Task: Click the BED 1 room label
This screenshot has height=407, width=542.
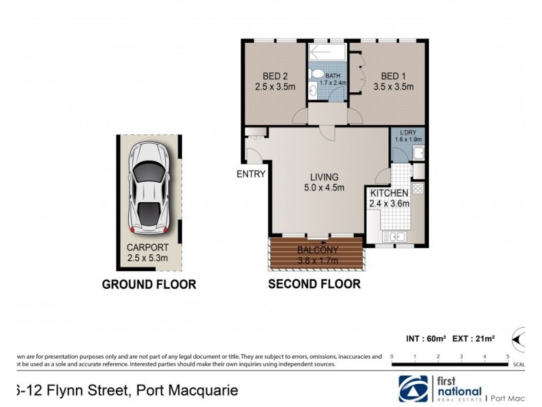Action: pyautogui.click(x=397, y=81)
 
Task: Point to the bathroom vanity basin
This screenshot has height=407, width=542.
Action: pyautogui.click(x=312, y=91)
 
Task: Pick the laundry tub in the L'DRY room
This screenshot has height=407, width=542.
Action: pyautogui.click(x=419, y=153)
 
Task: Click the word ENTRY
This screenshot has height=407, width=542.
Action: pyautogui.click(x=250, y=174)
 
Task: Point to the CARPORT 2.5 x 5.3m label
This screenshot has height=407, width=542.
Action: pyautogui.click(x=149, y=253)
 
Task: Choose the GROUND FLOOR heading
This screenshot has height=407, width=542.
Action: pyautogui.click(x=149, y=284)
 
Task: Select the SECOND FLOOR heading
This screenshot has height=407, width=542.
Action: pyautogui.click(x=314, y=284)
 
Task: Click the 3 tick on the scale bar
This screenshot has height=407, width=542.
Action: pyautogui.click(x=462, y=355)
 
